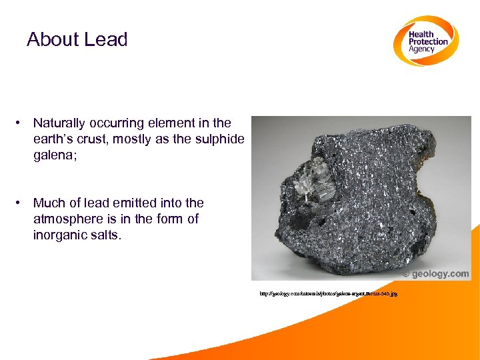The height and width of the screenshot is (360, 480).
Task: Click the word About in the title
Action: [51, 39]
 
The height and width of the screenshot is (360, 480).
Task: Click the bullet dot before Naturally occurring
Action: [22, 123]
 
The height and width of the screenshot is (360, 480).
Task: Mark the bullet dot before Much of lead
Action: [22, 203]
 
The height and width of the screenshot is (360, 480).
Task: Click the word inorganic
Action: [63, 235]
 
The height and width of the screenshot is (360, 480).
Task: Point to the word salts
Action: [108, 235]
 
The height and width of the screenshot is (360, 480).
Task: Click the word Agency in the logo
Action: [421, 49]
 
